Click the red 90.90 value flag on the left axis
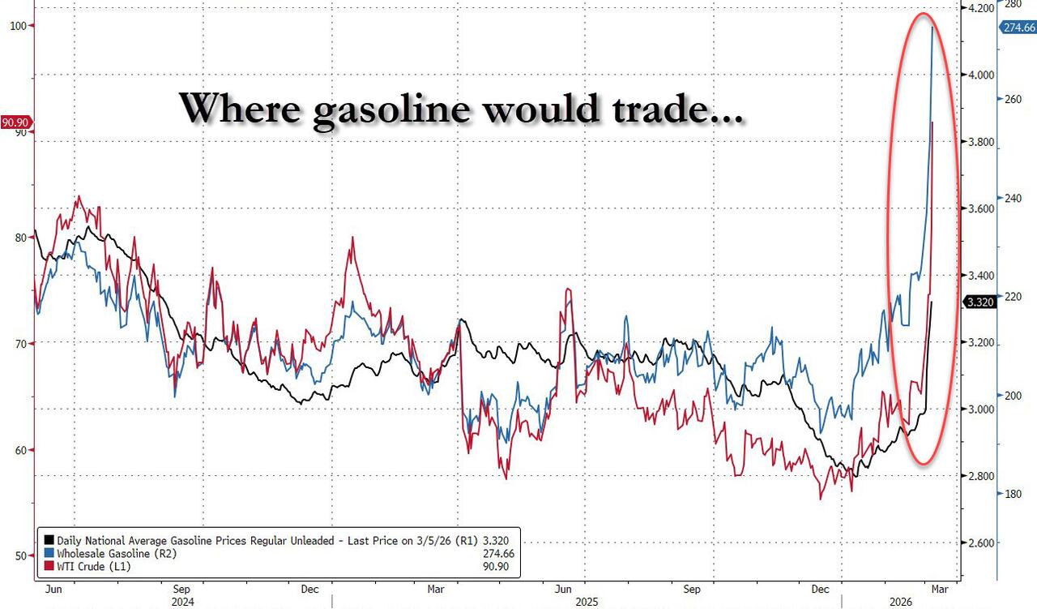click(x=15, y=122)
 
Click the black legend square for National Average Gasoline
click(x=49, y=539)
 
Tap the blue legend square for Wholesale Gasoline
click(x=49, y=553)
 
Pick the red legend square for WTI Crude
click(x=49, y=566)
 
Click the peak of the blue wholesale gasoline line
click(x=932, y=28)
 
